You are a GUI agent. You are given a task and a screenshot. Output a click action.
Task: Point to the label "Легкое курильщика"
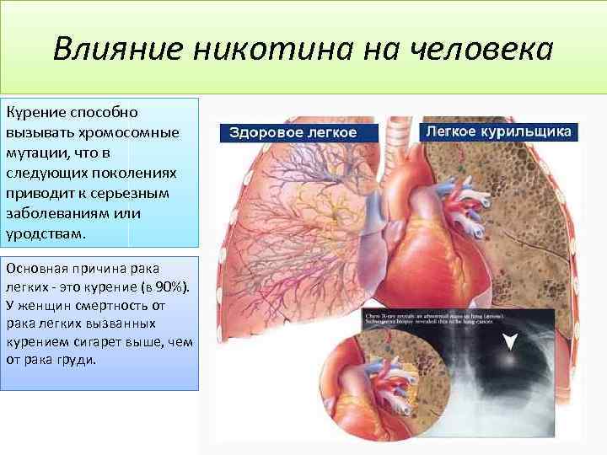point(499,132)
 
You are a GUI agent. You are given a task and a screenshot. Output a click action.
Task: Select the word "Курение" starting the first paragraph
point(32,112)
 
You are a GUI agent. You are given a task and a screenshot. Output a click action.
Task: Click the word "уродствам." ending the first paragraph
point(46,233)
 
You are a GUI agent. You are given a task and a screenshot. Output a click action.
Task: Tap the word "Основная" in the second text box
point(35,269)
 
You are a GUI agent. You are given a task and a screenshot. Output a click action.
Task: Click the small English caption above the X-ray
point(438,319)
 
